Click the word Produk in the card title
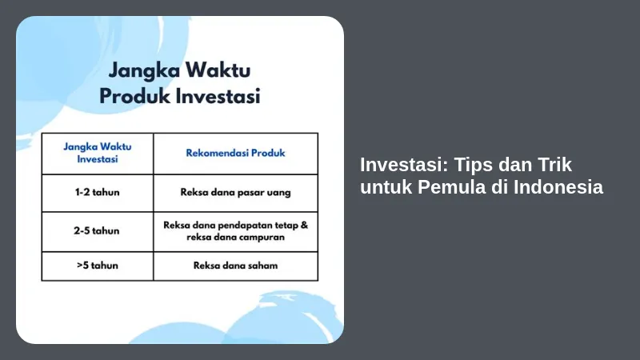pyautogui.click(x=134, y=96)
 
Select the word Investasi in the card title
pyautogui.click(x=218, y=96)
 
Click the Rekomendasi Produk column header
pyautogui.click(x=235, y=153)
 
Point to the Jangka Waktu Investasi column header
pyautogui.click(x=98, y=153)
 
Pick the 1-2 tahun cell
pyautogui.click(x=97, y=192)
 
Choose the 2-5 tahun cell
pyautogui.click(x=97, y=230)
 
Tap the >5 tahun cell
pyautogui.click(x=98, y=266)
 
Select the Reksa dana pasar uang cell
pyautogui.click(x=235, y=192)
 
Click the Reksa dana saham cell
pyautogui.click(x=235, y=266)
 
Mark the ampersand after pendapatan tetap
pyautogui.click(x=304, y=225)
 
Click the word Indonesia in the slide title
pyautogui.click(x=558, y=187)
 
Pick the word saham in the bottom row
pyautogui.click(x=263, y=266)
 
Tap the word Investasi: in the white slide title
pyautogui.click(x=404, y=165)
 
